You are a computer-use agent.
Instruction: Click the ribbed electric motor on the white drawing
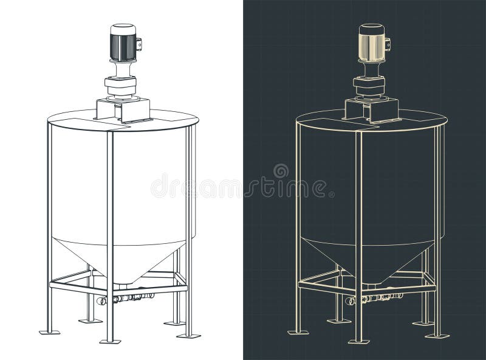coord(123,44)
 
